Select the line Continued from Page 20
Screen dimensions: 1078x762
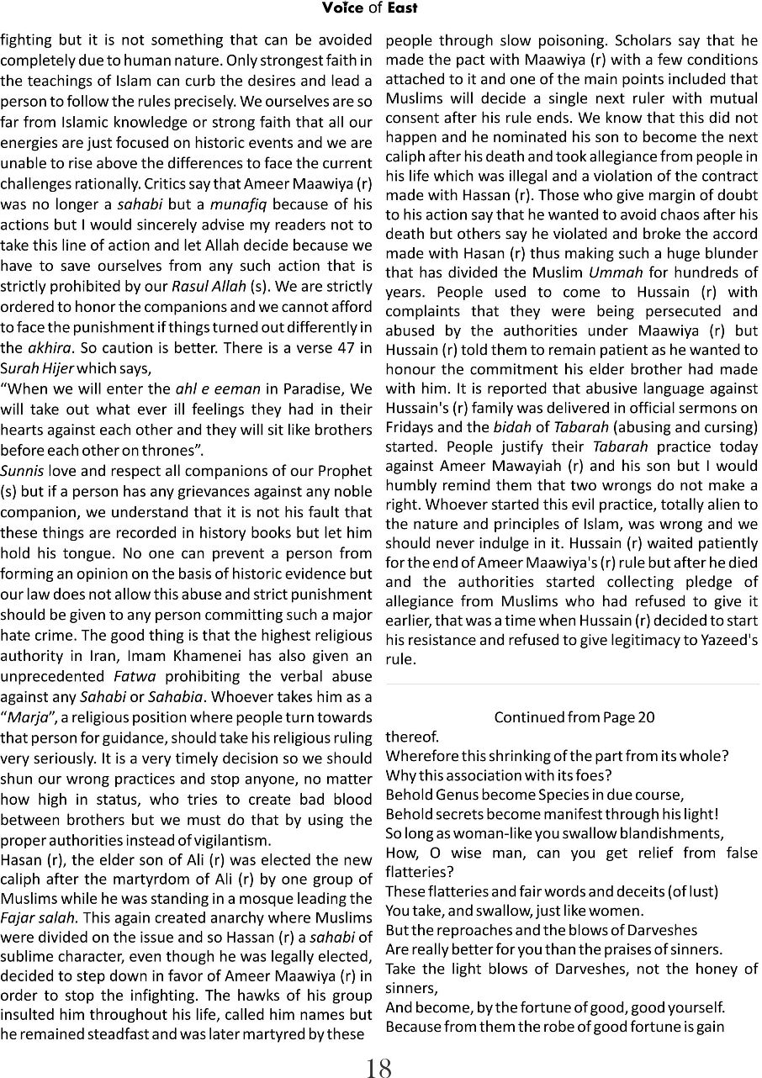pyautogui.click(x=574, y=717)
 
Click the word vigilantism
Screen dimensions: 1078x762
pyautogui.click(x=225, y=840)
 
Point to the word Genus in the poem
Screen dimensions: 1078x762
pyautogui.click(x=458, y=795)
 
